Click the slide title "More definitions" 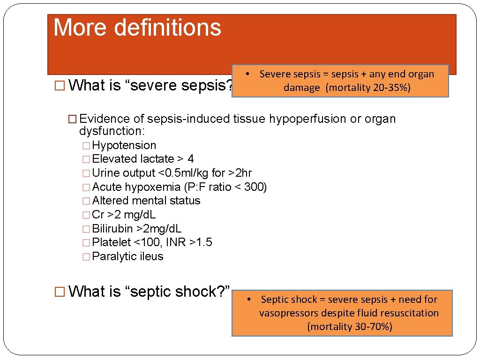(x=137, y=28)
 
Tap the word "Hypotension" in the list (x=124, y=145)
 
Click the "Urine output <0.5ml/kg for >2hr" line (x=172, y=173)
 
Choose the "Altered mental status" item (x=146, y=201)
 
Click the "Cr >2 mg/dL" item (x=124, y=215)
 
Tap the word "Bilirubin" (x=112, y=229)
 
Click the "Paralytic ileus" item (x=127, y=256)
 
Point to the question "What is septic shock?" (x=149, y=292)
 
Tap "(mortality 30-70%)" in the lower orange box (x=349, y=327)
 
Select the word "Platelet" (x=112, y=242)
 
